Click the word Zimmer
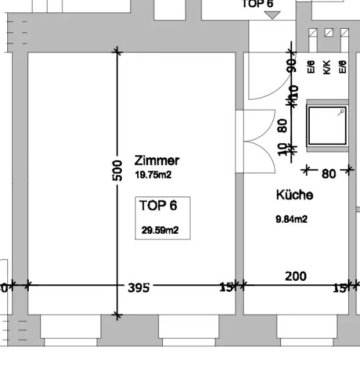pyautogui.click(x=157, y=161)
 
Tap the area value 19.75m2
pyautogui.click(x=152, y=175)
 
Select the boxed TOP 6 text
pyautogui.click(x=158, y=206)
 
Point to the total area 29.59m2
pyautogui.click(x=160, y=230)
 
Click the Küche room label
pyautogui.click(x=294, y=195)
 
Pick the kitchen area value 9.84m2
pyautogui.click(x=291, y=219)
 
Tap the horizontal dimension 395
pyautogui.click(x=138, y=287)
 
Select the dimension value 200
pyautogui.click(x=296, y=276)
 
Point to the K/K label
pyautogui.click(x=327, y=67)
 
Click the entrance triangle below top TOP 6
pyautogui.click(x=272, y=15)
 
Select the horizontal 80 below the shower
pyautogui.click(x=329, y=174)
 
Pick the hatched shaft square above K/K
pyautogui.click(x=328, y=32)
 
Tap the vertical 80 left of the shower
pyautogui.click(x=283, y=125)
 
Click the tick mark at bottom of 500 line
pyautogui.click(x=118, y=316)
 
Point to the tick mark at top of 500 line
pyautogui.click(x=118, y=52)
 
